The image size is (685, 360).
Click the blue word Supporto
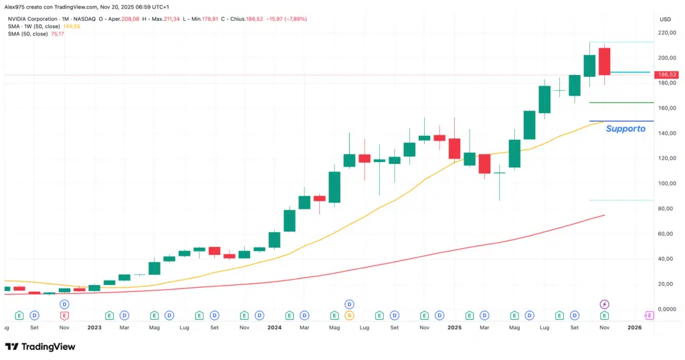click(x=625, y=128)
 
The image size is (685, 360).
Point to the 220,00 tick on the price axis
click(x=666, y=32)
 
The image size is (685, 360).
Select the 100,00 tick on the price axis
click(x=666, y=183)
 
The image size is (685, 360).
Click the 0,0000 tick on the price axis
click(x=666, y=309)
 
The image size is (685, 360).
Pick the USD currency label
click(x=665, y=19)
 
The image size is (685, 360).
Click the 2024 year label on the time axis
click(x=274, y=328)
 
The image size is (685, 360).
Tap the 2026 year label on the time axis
click(x=634, y=328)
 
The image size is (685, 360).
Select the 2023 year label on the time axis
click(x=94, y=328)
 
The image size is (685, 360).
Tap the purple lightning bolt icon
click(x=605, y=304)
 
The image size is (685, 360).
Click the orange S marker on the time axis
click(x=349, y=314)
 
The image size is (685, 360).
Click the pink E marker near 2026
click(x=649, y=314)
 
